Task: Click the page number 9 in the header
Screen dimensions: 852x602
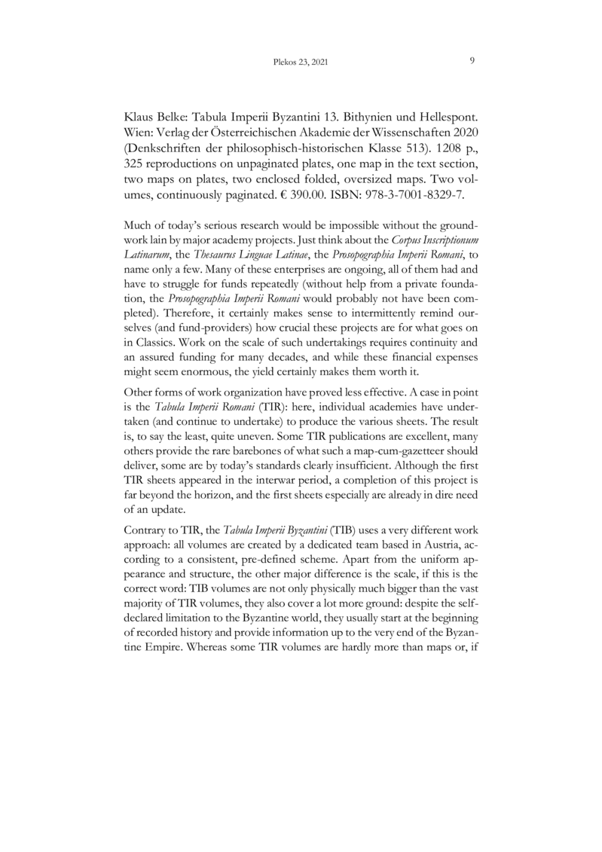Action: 471,61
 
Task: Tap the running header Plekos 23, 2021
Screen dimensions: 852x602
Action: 300,63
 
